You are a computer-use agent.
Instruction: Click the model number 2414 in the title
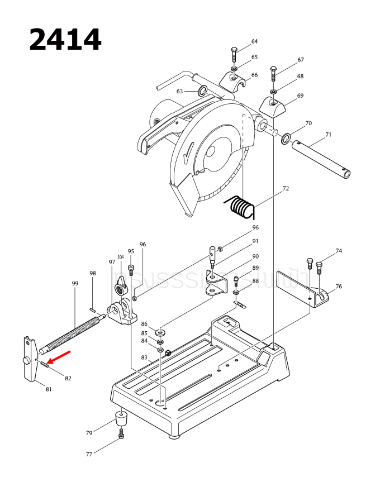coord(65,40)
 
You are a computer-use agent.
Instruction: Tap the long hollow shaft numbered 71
coord(321,160)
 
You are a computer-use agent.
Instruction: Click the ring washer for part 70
coord(287,137)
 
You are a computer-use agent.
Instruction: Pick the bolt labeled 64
coord(234,56)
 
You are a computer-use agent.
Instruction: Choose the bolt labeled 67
coord(273,73)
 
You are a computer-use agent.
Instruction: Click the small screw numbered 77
coord(121,434)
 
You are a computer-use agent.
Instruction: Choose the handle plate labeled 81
coord(29,360)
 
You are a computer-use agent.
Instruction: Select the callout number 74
coord(339,251)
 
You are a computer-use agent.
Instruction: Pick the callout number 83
coord(144,357)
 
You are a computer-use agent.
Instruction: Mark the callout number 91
coord(255,241)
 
